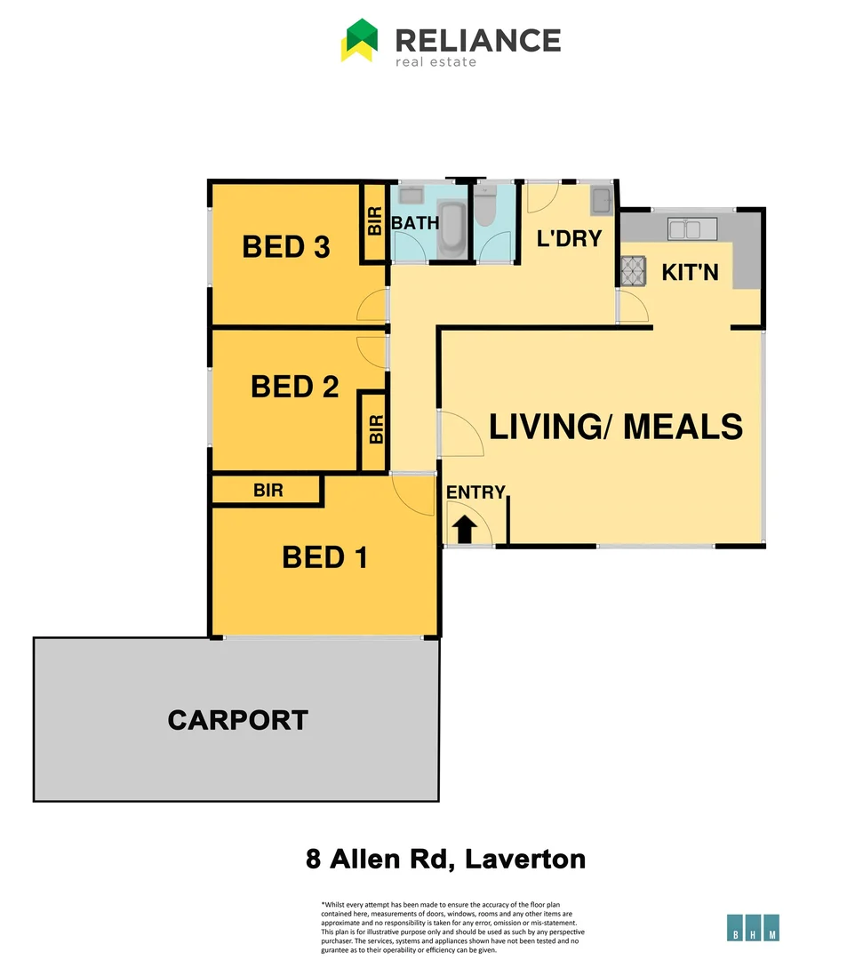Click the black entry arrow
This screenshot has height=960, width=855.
tap(465, 531)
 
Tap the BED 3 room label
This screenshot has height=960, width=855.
tap(286, 246)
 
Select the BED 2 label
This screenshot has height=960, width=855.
tap(294, 387)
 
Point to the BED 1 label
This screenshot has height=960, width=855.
tap(324, 557)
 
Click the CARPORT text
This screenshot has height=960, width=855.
tap(237, 720)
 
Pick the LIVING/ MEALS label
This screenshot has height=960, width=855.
tap(616, 427)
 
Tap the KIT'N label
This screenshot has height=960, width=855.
tap(690, 272)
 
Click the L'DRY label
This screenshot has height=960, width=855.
tap(570, 238)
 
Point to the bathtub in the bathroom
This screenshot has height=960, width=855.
tap(452, 228)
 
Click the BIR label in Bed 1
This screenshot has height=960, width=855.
tap(268, 490)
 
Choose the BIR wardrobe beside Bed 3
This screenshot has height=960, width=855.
tap(374, 222)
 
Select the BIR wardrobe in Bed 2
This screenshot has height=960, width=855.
tap(375, 430)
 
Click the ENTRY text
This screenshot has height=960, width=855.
tap(475, 492)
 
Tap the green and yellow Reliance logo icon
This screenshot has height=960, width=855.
tap(360, 41)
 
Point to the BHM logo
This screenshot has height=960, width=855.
tap(753, 927)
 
